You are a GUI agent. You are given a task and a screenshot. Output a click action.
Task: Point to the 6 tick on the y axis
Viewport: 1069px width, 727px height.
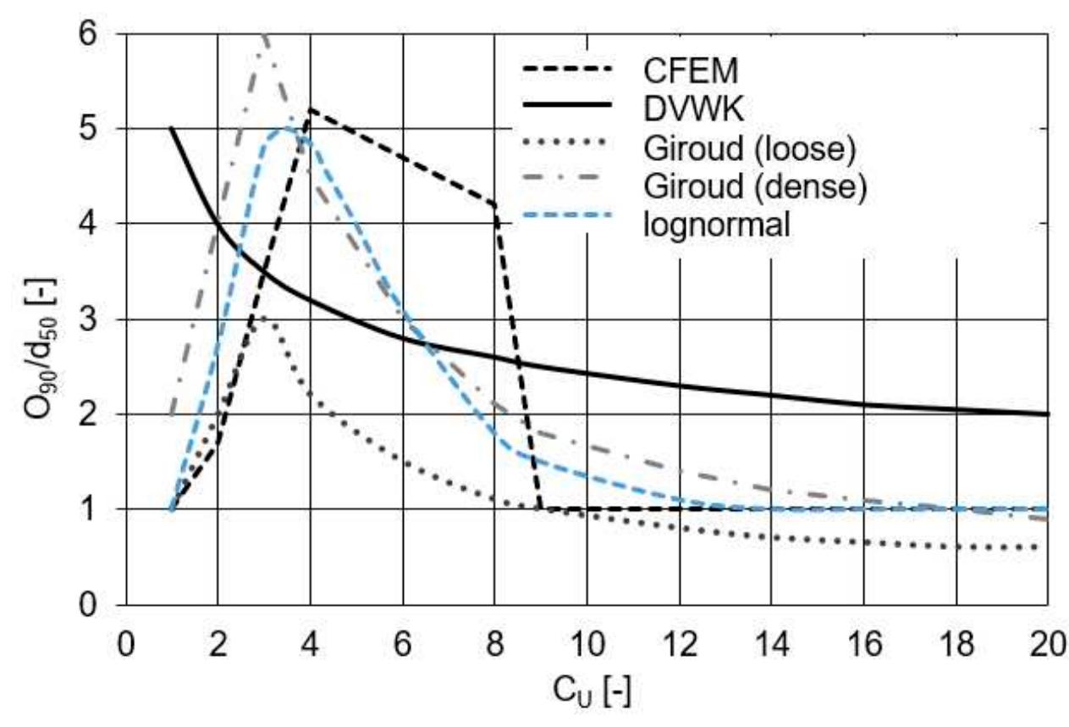[99, 34]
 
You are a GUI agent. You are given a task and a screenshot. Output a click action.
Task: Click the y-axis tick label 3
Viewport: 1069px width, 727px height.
[99, 319]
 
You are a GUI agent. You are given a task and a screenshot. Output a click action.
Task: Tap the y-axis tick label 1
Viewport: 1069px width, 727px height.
[99, 510]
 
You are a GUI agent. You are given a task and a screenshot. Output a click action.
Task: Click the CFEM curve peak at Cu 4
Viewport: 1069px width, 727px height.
[310, 109]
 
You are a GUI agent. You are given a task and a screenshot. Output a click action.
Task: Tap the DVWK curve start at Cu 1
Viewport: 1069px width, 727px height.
[172, 129]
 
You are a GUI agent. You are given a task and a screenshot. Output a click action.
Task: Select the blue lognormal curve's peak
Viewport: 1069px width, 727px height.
[286, 128]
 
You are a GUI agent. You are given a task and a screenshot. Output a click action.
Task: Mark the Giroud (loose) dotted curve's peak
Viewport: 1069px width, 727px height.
[263, 319]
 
